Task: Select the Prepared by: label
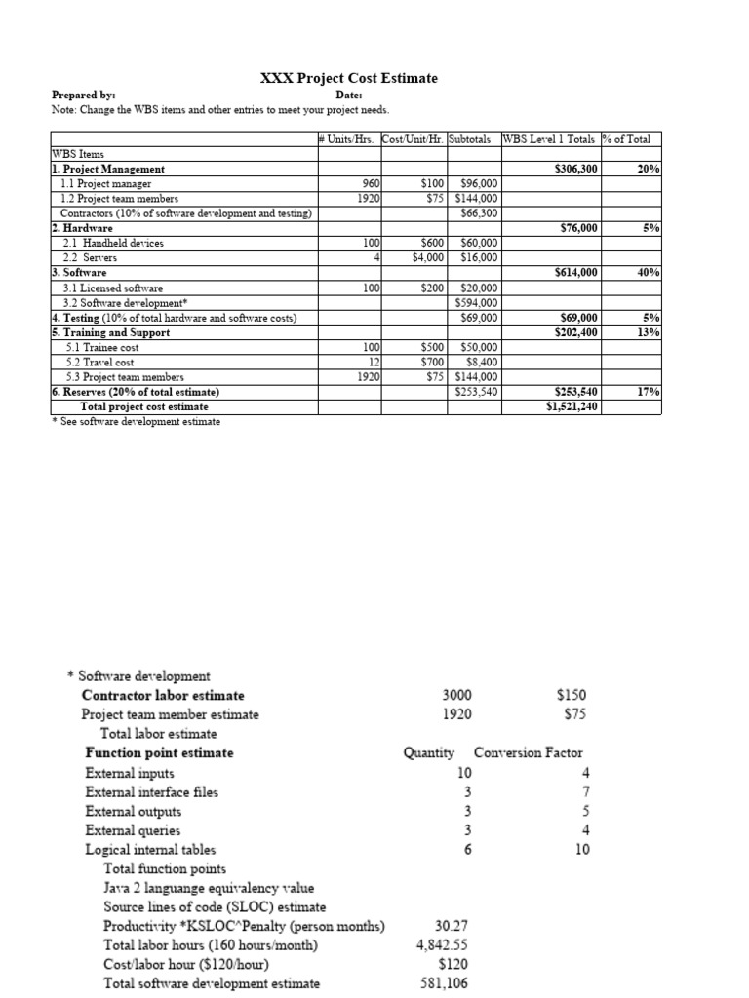point(83,96)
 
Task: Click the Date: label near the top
point(349,96)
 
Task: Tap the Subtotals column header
point(473,139)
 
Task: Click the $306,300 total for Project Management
point(574,170)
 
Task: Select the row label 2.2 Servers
point(90,258)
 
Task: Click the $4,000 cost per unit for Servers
point(429,258)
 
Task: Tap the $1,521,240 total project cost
point(572,406)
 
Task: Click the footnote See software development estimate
point(136,421)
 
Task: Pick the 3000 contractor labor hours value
point(455,695)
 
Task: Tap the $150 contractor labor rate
point(572,695)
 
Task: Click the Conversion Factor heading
point(528,752)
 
